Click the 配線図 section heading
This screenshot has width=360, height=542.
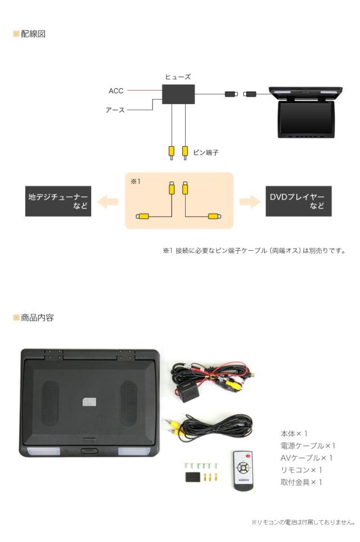[33, 34]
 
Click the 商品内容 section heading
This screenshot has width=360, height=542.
[37, 318]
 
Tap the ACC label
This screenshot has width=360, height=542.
[116, 91]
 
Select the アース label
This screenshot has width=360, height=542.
[115, 110]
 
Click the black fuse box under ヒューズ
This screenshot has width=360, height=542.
[178, 94]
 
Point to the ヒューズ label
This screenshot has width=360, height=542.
[178, 76]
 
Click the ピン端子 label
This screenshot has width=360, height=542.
[206, 152]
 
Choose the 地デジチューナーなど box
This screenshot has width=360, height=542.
[58, 201]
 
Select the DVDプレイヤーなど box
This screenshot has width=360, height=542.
[299, 201]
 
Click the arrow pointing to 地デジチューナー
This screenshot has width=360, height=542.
[107, 201]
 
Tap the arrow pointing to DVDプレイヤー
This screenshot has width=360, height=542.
[250, 201]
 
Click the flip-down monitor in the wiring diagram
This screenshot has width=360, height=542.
[305, 112]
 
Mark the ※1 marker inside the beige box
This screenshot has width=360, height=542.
[135, 182]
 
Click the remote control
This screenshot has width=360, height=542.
[243, 471]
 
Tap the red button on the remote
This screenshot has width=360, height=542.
[247, 457]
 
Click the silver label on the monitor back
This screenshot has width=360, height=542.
[89, 403]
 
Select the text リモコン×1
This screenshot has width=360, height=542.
[301, 470]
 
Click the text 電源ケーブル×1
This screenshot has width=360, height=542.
[308, 446]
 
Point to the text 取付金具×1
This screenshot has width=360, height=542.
[301, 482]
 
